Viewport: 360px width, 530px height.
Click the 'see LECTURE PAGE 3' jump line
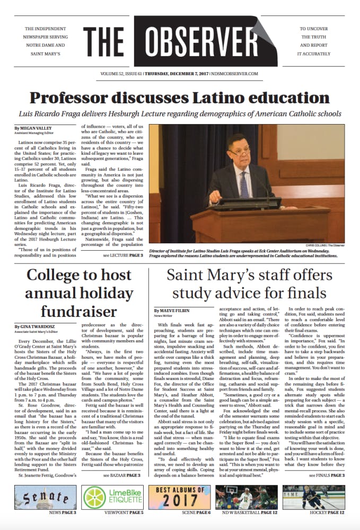tap(123, 255)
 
